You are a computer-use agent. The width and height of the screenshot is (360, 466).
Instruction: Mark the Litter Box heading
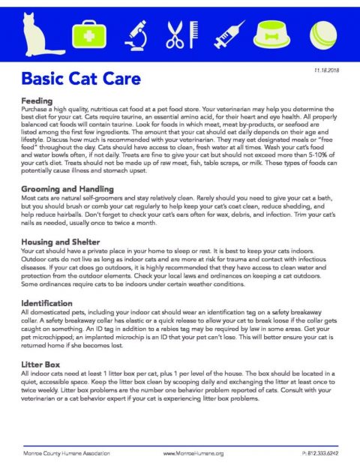[40, 363]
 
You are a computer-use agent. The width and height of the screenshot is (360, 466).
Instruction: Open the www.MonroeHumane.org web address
[193, 452]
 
